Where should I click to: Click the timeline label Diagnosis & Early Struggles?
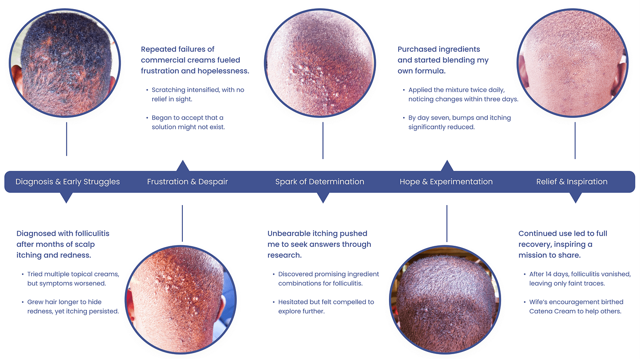pyautogui.click(x=68, y=182)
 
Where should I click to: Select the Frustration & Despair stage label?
pyautogui.click(x=187, y=182)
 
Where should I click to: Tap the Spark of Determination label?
pyautogui.click(x=320, y=182)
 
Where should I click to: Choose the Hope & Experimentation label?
pyautogui.click(x=446, y=182)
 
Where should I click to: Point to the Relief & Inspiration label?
pyautogui.click(x=572, y=182)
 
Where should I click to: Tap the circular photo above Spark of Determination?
pyautogui.click(x=320, y=63)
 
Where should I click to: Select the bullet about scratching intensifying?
pyautogui.click(x=198, y=95)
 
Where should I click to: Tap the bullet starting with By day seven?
pyautogui.click(x=459, y=122)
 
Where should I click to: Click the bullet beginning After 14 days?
pyautogui.click(x=580, y=279)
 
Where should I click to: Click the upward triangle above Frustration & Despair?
pyautogui.click(x=183, y=166)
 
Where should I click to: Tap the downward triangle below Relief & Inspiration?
pyautogui.click(x=576, y=197)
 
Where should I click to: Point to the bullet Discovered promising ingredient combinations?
pyautogui.click(x=328, y=279)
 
